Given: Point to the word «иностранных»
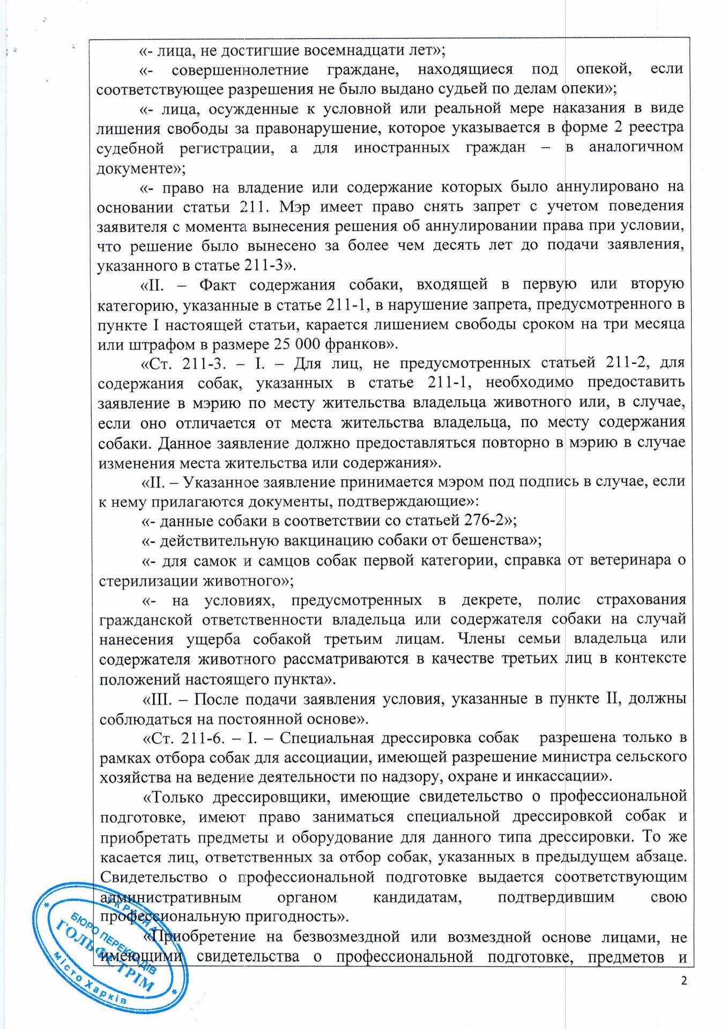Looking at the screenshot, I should coord(402,147).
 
